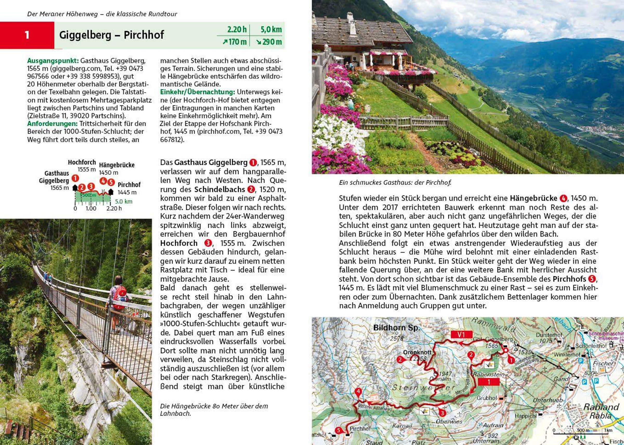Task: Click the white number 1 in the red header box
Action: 27,35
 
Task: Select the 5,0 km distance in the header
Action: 271,29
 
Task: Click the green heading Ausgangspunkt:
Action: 53,61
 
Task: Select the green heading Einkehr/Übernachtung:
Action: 198,92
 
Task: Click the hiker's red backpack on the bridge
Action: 120,298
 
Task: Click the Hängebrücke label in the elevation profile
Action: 117,165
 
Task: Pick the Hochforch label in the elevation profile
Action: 82,162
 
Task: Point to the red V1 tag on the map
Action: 461,334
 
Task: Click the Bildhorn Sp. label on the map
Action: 396,328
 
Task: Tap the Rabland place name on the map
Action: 601,407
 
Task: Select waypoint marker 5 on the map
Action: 339,430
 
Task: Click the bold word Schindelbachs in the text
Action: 220,189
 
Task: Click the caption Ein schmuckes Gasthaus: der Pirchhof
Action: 395,183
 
